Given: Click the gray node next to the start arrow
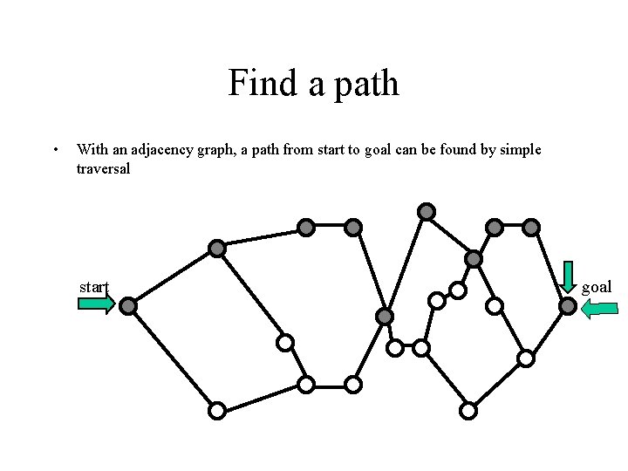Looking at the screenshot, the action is pyautogui.click(x=128, y=306).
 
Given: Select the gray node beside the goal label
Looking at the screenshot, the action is pyautogui.click(x=568, y=306).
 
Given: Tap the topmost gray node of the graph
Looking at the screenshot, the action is pyautogui.click(x=426, y=211).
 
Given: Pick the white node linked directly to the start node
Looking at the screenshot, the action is pyautogui.click(x=217, y=409).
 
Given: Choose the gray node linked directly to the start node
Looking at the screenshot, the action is pyautogui.click(x=217, y=249).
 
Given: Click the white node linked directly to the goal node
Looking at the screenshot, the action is pyautogui.click(x=526, y=358).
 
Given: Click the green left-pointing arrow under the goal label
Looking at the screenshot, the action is pyautogui.click(x=599, y=307).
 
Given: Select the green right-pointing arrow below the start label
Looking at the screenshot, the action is pyautogui.click(x=96, y=304).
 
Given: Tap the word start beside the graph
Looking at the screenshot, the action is pyautogui.click(x=93, y=286).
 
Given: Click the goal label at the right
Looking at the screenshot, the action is pyautogui.click(x=597, y=286).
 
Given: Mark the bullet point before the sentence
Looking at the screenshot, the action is pyautogui.click(x=55, y=149).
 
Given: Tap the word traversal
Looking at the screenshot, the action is pyautogui.click(x=103, y=168).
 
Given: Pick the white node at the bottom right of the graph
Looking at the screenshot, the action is pyautogui.click(x=468, y=409).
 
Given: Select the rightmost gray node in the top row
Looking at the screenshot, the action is pyautogui.click(x=531, y=228).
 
